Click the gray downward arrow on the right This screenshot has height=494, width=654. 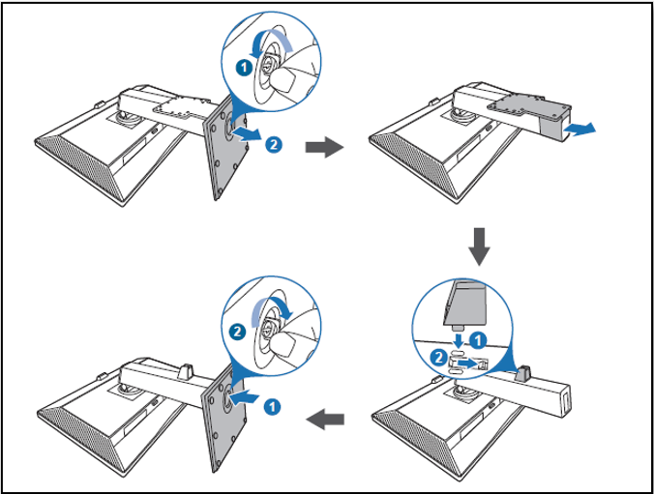[479, 248]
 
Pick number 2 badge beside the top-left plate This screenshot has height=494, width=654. [274, 144]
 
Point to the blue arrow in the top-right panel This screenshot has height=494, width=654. [580, 128]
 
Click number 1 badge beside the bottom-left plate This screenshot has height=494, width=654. [274, 406]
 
